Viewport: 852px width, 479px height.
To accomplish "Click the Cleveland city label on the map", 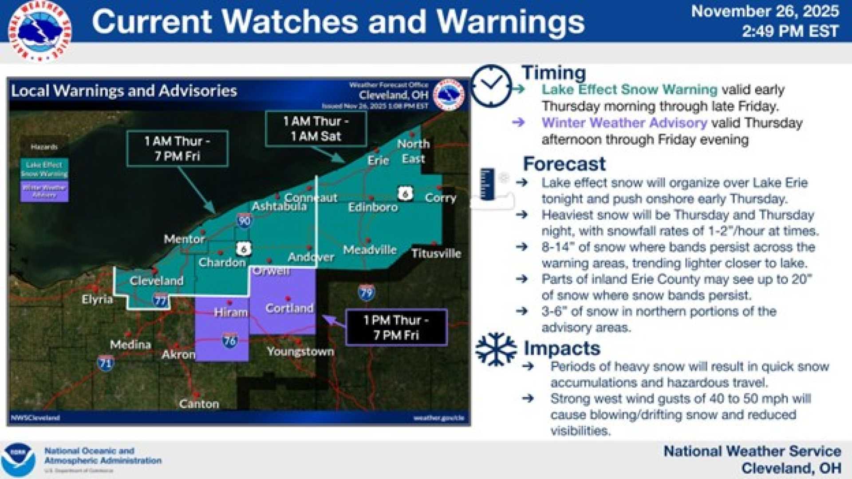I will tap(156, 281).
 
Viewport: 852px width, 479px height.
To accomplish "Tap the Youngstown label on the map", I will tap(300, 352).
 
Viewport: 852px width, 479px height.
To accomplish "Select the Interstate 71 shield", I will tap(106, 363).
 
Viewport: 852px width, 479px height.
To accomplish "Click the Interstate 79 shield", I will tap(366, 293).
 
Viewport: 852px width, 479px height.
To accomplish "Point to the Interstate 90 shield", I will tap(244, 220).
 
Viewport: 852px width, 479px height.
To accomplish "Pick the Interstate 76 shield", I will tap(229, 341).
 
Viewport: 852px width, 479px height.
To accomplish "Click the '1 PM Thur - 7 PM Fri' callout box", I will tap(396, 327).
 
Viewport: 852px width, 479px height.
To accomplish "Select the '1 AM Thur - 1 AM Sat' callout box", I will tap(316, 129).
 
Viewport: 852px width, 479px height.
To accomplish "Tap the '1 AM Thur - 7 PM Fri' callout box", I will tap(177, 149).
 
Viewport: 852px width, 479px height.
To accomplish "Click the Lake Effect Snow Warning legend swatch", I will tap(44, 169).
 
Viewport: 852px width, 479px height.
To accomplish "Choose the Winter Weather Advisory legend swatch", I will tap(44, 191).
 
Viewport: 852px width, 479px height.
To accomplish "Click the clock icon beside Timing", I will tap(491, 86).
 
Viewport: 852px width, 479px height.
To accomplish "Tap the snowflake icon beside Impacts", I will tap(496, 349).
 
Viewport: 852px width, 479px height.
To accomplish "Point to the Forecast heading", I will tap(564, 164).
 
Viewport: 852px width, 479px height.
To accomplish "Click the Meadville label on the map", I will tap(370, 250).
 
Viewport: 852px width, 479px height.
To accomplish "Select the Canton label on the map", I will tap(199, 404).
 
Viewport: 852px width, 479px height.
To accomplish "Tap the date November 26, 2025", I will tap(765, 12).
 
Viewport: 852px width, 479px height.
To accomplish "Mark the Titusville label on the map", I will tap(436, 254).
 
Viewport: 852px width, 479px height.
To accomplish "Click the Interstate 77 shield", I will tap(160, 301).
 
